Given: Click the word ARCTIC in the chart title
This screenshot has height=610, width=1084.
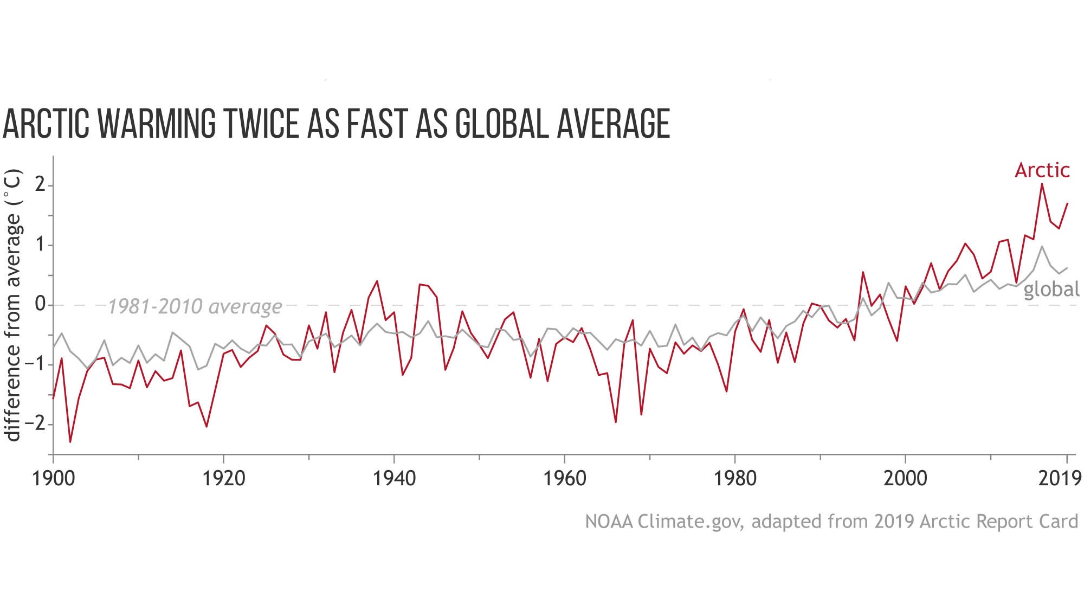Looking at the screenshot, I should pos(46,124).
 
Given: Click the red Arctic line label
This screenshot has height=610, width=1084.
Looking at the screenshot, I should pos(1042,170).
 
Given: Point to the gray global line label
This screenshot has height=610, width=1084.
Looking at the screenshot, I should pos(1051,289).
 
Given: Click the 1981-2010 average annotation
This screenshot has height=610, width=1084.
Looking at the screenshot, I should pos(195,307).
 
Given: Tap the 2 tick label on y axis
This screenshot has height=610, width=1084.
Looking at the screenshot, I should pos(40,185).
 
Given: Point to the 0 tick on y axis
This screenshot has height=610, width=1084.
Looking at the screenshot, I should pos(40,305).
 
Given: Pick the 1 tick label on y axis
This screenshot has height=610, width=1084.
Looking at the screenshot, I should pos(40,245).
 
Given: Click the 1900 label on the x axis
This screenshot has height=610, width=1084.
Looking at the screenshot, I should pos(53,478).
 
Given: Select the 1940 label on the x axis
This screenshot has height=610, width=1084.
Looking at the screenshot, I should pos(394,478).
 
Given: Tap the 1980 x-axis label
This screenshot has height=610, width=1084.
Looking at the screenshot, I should pos(734,478).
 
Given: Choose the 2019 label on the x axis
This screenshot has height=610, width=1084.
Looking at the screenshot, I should pos(1060,478).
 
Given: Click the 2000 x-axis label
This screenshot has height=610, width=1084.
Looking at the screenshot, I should pos(905,478).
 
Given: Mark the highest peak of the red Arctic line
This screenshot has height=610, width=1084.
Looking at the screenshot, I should pos(1042,184).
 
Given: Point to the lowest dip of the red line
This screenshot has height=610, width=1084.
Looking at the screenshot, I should pos(70,442).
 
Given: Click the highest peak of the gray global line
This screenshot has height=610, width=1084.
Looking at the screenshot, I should pos(1042,247).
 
